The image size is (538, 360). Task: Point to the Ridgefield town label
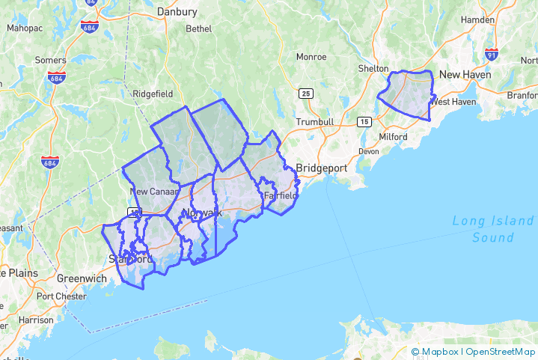[x=152, y=94]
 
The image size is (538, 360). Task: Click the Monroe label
[x=311, y=56]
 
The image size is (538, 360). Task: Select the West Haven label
[x=454, y=102]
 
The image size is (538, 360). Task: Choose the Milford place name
[x=393, y=137]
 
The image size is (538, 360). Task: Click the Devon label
[x=369, y=150]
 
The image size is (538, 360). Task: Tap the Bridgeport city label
[x=322, y=168]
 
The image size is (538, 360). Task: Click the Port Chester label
[x=61, y=296]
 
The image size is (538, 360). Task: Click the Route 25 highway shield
[x=305, y=94]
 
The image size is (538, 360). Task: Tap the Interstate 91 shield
[x=491, y=55]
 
